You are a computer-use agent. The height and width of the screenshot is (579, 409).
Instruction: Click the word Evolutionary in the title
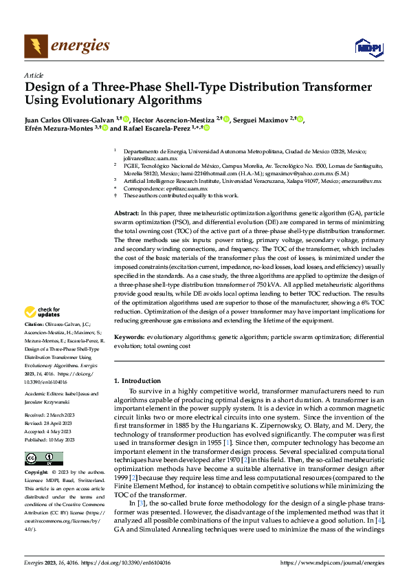click(87, 100)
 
